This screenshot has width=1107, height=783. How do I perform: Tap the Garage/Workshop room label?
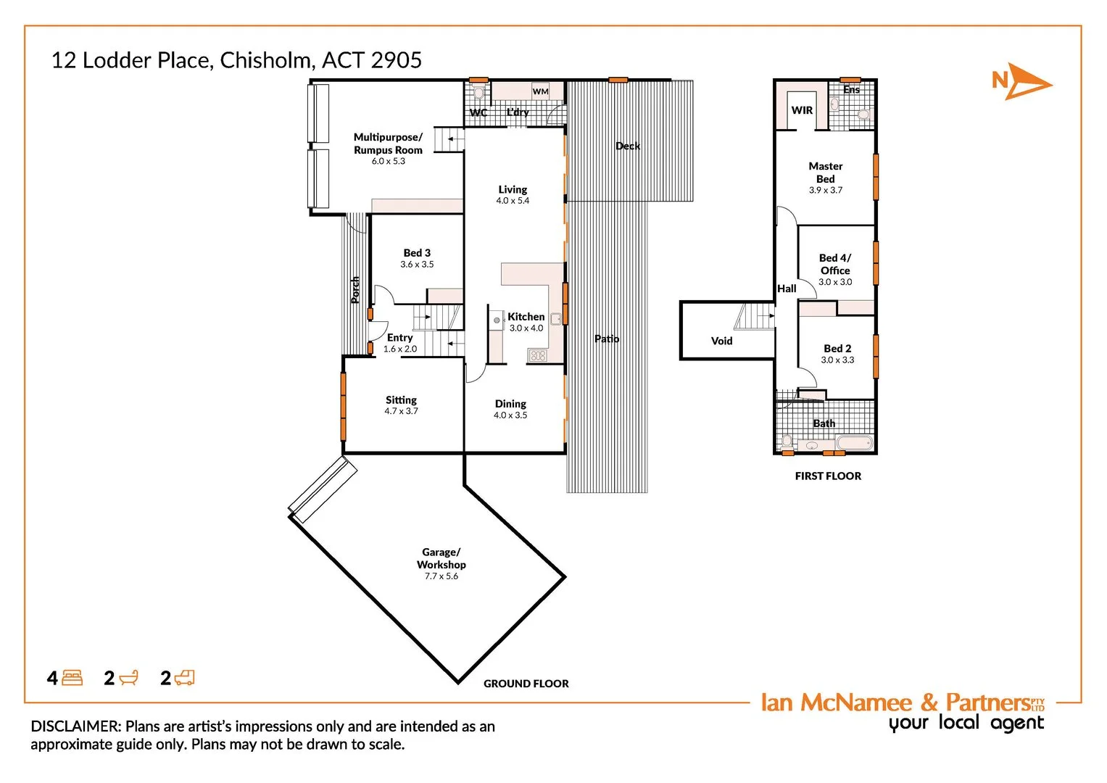[441, 558]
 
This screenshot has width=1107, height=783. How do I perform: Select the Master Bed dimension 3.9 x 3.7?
[826, 190]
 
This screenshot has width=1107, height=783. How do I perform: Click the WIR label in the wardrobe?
[802, 110]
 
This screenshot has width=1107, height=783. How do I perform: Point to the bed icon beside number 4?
[72, 678]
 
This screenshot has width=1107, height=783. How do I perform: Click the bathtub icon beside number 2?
[128, 678]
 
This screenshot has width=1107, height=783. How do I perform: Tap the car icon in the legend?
[184, 678]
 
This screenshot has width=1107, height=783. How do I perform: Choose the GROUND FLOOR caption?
[526, 684]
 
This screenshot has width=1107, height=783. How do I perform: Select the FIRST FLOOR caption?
[828, 476]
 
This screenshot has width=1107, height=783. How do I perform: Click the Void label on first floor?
[721, 341]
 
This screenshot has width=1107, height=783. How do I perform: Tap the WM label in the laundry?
[540, 91]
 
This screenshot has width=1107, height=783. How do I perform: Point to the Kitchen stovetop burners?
[537, 355]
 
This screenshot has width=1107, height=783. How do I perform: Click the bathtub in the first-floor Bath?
[855, 442]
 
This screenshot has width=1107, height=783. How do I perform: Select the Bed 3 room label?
[417, 253]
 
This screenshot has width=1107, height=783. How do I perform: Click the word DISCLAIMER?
[75, 726]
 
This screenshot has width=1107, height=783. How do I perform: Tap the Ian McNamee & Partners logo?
[903, 710]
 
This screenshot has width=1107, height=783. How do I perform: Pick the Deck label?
[628, 146]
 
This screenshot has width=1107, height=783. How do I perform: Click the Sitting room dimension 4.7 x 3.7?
[401, 411]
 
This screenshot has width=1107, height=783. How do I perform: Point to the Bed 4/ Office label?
[835, 264]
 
